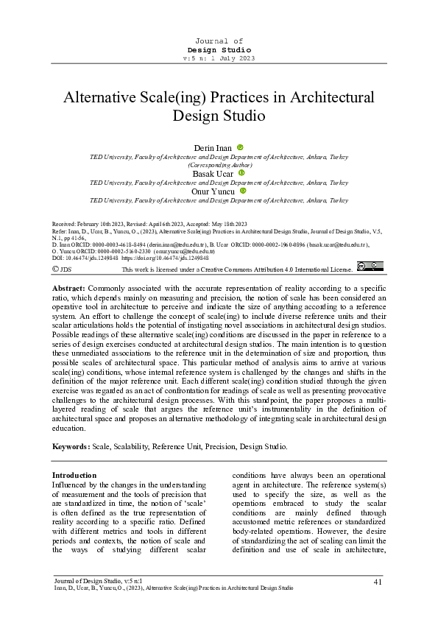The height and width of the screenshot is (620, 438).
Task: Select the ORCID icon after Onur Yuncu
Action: [x=244, y=191]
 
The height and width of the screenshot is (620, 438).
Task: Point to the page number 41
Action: [x=378, y=583]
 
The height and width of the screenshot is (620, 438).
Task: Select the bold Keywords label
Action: [x=71, y=446]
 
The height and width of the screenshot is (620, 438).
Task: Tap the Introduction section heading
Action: [x=75, y=476]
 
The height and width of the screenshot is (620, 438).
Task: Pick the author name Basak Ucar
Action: [x=213, y=174]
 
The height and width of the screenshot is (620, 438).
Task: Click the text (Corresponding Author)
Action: [x=219, y=165]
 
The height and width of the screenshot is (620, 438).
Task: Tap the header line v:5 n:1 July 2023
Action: [x=219, y=57]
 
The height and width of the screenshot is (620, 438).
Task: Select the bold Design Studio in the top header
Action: [x=219, y=49]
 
